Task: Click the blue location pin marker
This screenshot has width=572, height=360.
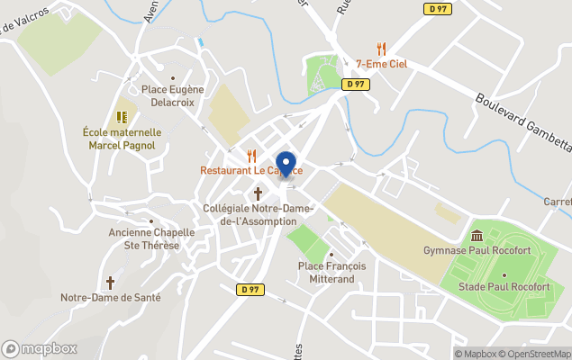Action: (286, 165)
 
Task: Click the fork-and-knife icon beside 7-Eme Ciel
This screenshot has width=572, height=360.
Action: (381, 49)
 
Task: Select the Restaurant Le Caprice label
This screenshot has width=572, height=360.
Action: (250, 171)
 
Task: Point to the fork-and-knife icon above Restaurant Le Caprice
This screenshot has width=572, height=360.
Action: (251, 155)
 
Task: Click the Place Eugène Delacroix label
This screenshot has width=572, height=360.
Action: (174, 95)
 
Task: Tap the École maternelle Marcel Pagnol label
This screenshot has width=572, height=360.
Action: (122, 139)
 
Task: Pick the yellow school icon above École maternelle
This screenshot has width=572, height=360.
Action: (122, 117)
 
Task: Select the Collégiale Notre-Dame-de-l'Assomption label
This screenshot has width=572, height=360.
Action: (250, 215)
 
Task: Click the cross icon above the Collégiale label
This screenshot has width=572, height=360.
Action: (258, 193)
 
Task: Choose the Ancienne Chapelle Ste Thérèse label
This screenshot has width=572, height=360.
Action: (151, 238)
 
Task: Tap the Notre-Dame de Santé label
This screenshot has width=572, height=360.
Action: (110, 297)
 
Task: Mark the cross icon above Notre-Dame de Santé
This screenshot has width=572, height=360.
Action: (111, 282)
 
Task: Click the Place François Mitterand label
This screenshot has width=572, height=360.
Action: (340, 272)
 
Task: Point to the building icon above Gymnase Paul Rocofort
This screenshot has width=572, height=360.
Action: (476, 234)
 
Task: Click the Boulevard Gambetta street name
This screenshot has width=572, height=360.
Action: (522, 122)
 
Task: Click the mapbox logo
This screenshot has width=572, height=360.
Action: (40, 348)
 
